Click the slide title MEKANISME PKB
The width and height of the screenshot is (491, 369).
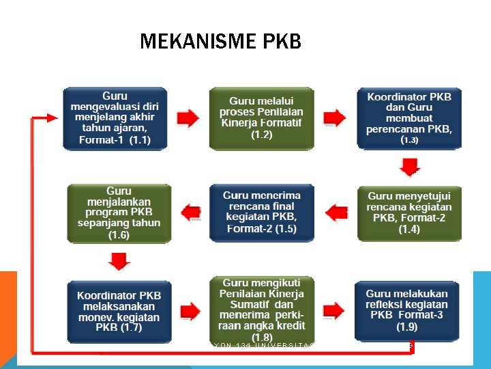click(220, 42)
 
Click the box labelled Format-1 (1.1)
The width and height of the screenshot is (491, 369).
click(115, 118)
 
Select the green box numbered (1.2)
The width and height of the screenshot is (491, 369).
click(261, 118)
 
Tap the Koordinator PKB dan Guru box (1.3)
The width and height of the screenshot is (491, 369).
click(409, 118)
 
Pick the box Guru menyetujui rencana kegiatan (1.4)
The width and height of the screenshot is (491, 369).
click(409, 212)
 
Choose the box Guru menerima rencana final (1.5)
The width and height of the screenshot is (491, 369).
click(261, 212)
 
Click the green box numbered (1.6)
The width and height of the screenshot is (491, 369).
click(119, 212)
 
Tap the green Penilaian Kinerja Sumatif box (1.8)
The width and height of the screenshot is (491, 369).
click(261, 309)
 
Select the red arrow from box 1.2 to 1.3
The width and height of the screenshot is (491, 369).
click(335, 119)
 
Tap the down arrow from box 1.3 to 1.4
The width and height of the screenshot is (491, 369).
click(409, 166)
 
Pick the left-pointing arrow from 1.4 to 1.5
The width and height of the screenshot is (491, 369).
click(335, 213)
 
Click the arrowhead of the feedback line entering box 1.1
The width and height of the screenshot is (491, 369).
click(56, 118)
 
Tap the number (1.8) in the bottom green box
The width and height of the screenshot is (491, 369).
click(261, 337)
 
